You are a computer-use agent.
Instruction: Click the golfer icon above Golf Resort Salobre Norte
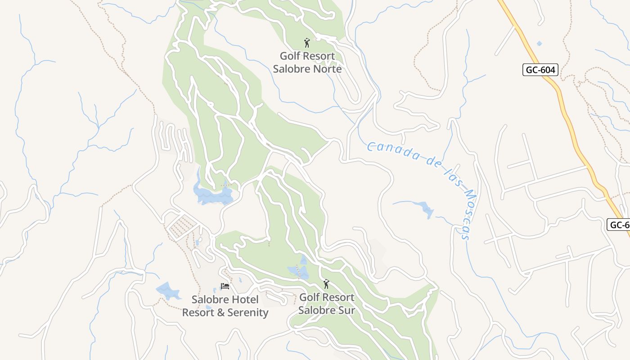coord(307,43)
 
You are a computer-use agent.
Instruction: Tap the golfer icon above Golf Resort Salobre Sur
coord(326,284)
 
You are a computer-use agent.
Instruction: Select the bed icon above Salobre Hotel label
coord(225,286)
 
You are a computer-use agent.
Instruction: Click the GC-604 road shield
coord(540,70)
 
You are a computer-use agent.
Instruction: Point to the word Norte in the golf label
coord(325,69)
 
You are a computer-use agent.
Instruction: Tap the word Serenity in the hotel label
coord(248,312)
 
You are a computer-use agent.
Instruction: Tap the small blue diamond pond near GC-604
coord(539,43)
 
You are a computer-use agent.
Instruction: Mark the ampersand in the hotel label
coord(220,312)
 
